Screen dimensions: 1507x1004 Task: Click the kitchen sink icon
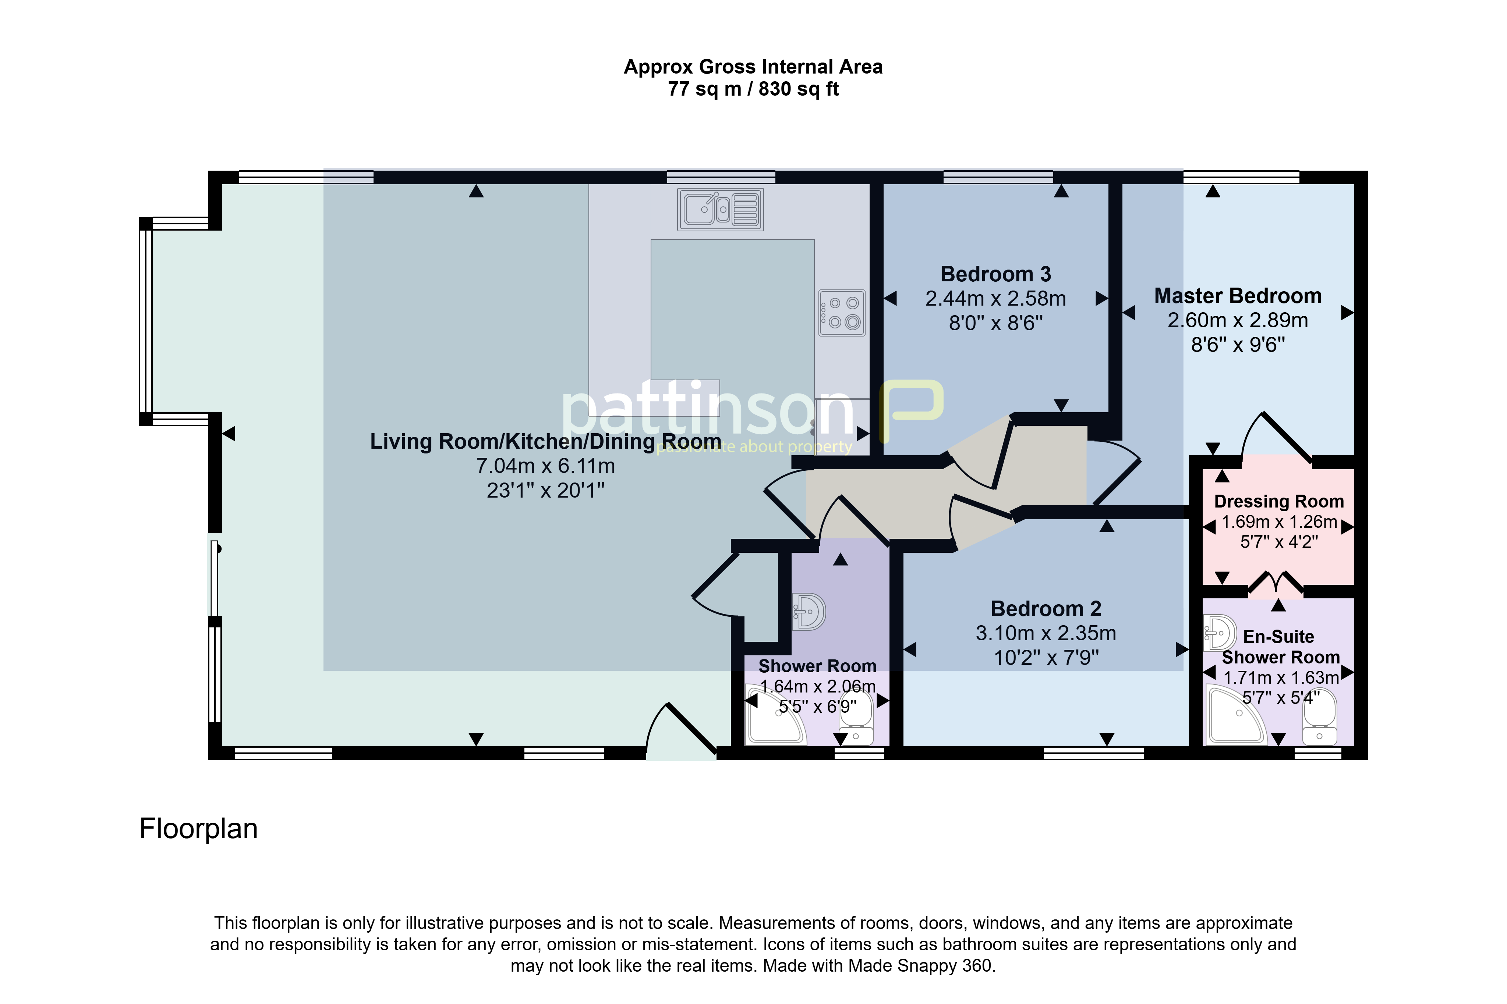[720, 209]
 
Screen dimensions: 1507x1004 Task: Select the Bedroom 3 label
[996, 274]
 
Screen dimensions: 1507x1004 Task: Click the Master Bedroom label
[1238, 296]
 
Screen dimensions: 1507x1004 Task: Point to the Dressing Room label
[1279, 501]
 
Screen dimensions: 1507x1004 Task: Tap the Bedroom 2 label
[1046, 608]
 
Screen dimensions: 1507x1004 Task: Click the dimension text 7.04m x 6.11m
[545, 466]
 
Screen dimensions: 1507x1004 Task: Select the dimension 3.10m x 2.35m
[1046, 633]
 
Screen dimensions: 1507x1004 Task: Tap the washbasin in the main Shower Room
[809, 612]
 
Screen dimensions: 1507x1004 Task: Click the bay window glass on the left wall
[146, 321]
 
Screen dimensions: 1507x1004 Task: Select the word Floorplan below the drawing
[199, 829]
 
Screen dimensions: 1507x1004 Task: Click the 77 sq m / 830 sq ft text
[754, 89]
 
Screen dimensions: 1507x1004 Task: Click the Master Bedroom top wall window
[1241, 177]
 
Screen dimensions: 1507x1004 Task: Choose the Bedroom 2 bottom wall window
[1094, 753]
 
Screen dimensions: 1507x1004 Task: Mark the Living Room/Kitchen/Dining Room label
[545, 442]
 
